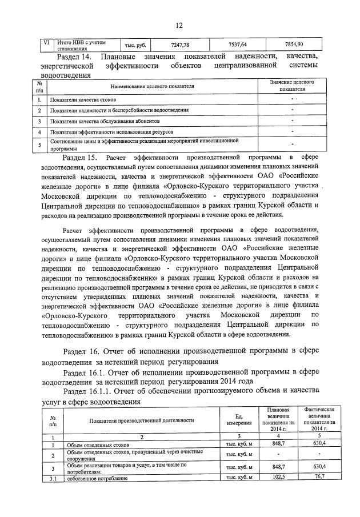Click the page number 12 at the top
click(179, 25)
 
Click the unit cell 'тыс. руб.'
click(135, 45)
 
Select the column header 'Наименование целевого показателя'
click(152, 86)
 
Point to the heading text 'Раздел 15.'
click(80, 157)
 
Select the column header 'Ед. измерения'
click(240, 420)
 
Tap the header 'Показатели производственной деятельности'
click(142, 420)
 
